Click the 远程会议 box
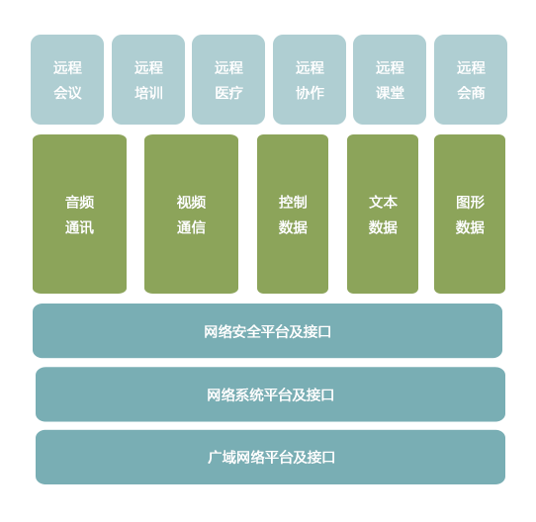click(67, 79)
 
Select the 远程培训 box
click(148, 79)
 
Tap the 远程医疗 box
click(228, 79)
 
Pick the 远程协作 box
click(310, 79)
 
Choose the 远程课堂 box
click(390, 79)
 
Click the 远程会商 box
click(471, 79)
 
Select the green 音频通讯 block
click(80, 214)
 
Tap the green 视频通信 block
click(192, 214)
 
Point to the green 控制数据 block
click(293, 214)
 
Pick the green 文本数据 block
click(383, 214)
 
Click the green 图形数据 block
click(470, 214)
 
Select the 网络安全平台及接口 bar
click(267, 331)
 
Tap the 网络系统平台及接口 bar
click(270, 394)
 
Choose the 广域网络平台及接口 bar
click(270, 458)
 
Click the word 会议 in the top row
click(67, 93)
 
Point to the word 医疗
click(229, 93)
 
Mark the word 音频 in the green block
click(80, 202)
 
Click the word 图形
click(470, 202)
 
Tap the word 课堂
click(390, 93)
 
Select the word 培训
click(148, 93)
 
